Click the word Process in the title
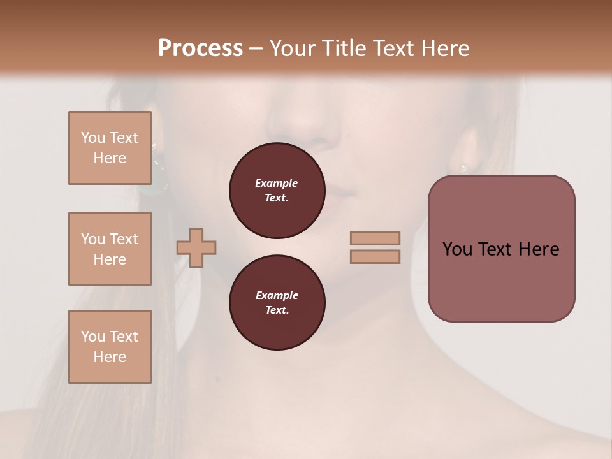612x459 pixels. (x=200, y=48)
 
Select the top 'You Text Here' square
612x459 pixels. (x=110, y=148)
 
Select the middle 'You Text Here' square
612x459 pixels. (x=110, y=249)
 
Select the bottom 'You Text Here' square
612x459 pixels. (x=110, y=347)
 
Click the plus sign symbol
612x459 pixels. (x=196, y=247)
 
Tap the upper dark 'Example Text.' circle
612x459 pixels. (x=277, y=191)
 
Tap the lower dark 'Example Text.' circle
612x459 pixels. (x=277, y=303)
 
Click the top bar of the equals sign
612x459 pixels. (x=375, y=238)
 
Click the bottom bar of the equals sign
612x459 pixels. (x=375, y=257)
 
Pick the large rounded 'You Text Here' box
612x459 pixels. (x=501, y=249)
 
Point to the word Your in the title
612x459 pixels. (x=294, y=48)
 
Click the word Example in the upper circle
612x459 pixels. (x=277, y=183)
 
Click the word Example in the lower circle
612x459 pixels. (x=277, y=295)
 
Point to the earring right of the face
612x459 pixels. (x=463, y=168)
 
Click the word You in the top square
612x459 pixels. (x=92, y=138)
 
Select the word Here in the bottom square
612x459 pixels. (x=110, y=357)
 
